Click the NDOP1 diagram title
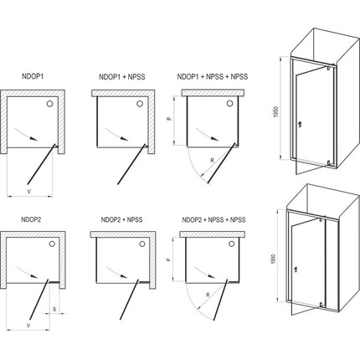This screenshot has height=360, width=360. coord(33,76)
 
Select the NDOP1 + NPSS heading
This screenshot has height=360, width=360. coord(122,77)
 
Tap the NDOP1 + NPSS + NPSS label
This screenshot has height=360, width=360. coord(213,76)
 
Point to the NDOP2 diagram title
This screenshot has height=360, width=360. coord(31,219)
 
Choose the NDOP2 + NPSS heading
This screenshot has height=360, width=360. coord(121,219)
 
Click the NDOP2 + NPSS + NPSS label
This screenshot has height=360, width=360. coord(213,219)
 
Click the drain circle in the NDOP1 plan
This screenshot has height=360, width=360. coord(50,104)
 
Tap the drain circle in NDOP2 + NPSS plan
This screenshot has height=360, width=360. coord(142,244)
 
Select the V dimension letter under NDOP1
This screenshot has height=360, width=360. coord(29,191)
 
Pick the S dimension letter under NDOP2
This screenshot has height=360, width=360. coord(54,309)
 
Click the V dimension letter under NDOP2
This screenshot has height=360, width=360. coord(28,326)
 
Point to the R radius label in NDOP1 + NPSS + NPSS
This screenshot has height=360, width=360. coord(212,160)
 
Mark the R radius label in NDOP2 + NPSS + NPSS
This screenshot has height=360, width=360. coord(208,295)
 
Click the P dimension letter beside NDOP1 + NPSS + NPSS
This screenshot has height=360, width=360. coord(168,119)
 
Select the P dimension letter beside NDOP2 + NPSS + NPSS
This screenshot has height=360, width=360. coord(168,260)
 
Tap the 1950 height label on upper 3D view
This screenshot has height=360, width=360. coord(276,111)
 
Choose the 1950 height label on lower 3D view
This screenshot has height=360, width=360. coord(274,259)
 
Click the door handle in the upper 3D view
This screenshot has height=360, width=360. coord(300,124)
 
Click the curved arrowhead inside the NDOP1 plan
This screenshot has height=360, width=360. coord(34,139)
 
